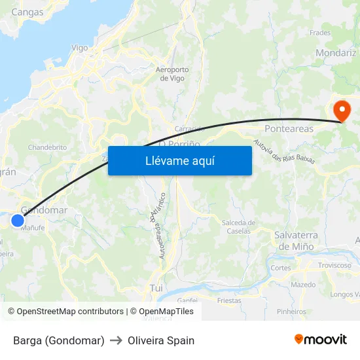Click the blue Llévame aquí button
tap(179, 160)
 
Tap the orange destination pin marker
tap(341, 110)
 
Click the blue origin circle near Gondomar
tap(18, 221)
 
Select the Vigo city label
tap(79, 48)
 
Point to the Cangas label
tap(27, 12)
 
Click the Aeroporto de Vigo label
tap(172, 74)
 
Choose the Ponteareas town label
tap(289, 129)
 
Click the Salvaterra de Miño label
tap(296, 240)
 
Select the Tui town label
tap(156, 287)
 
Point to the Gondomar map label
tap(45, 210)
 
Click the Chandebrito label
tap(47, 147)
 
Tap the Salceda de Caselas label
tap(238, 226)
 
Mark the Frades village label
tap(320, 32)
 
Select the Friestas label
tap(229, 301)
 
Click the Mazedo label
tap(303, 285)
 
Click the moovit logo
tap(321, 339)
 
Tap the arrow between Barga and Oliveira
tap(116, 340)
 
